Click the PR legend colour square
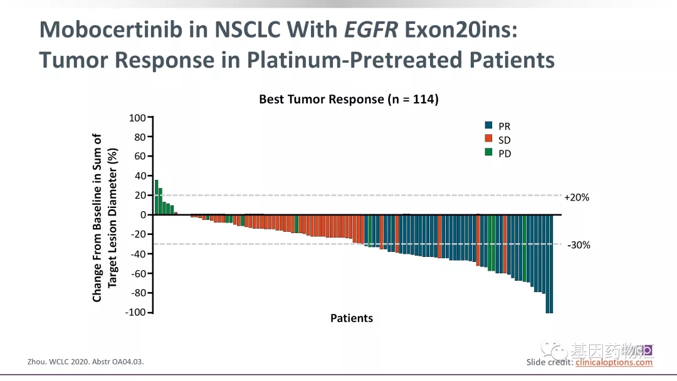tap(489, 125)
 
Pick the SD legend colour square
tap(489, 139)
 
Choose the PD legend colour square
tap(489, 153)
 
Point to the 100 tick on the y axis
tap(137, 118)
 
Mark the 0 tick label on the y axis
tap(142, 215)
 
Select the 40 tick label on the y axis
tap(140, 176)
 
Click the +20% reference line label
tap(577, 197)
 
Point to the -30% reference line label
tap(579, 245)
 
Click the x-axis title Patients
tap(352, 318)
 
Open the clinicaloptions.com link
tap(614, 362)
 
